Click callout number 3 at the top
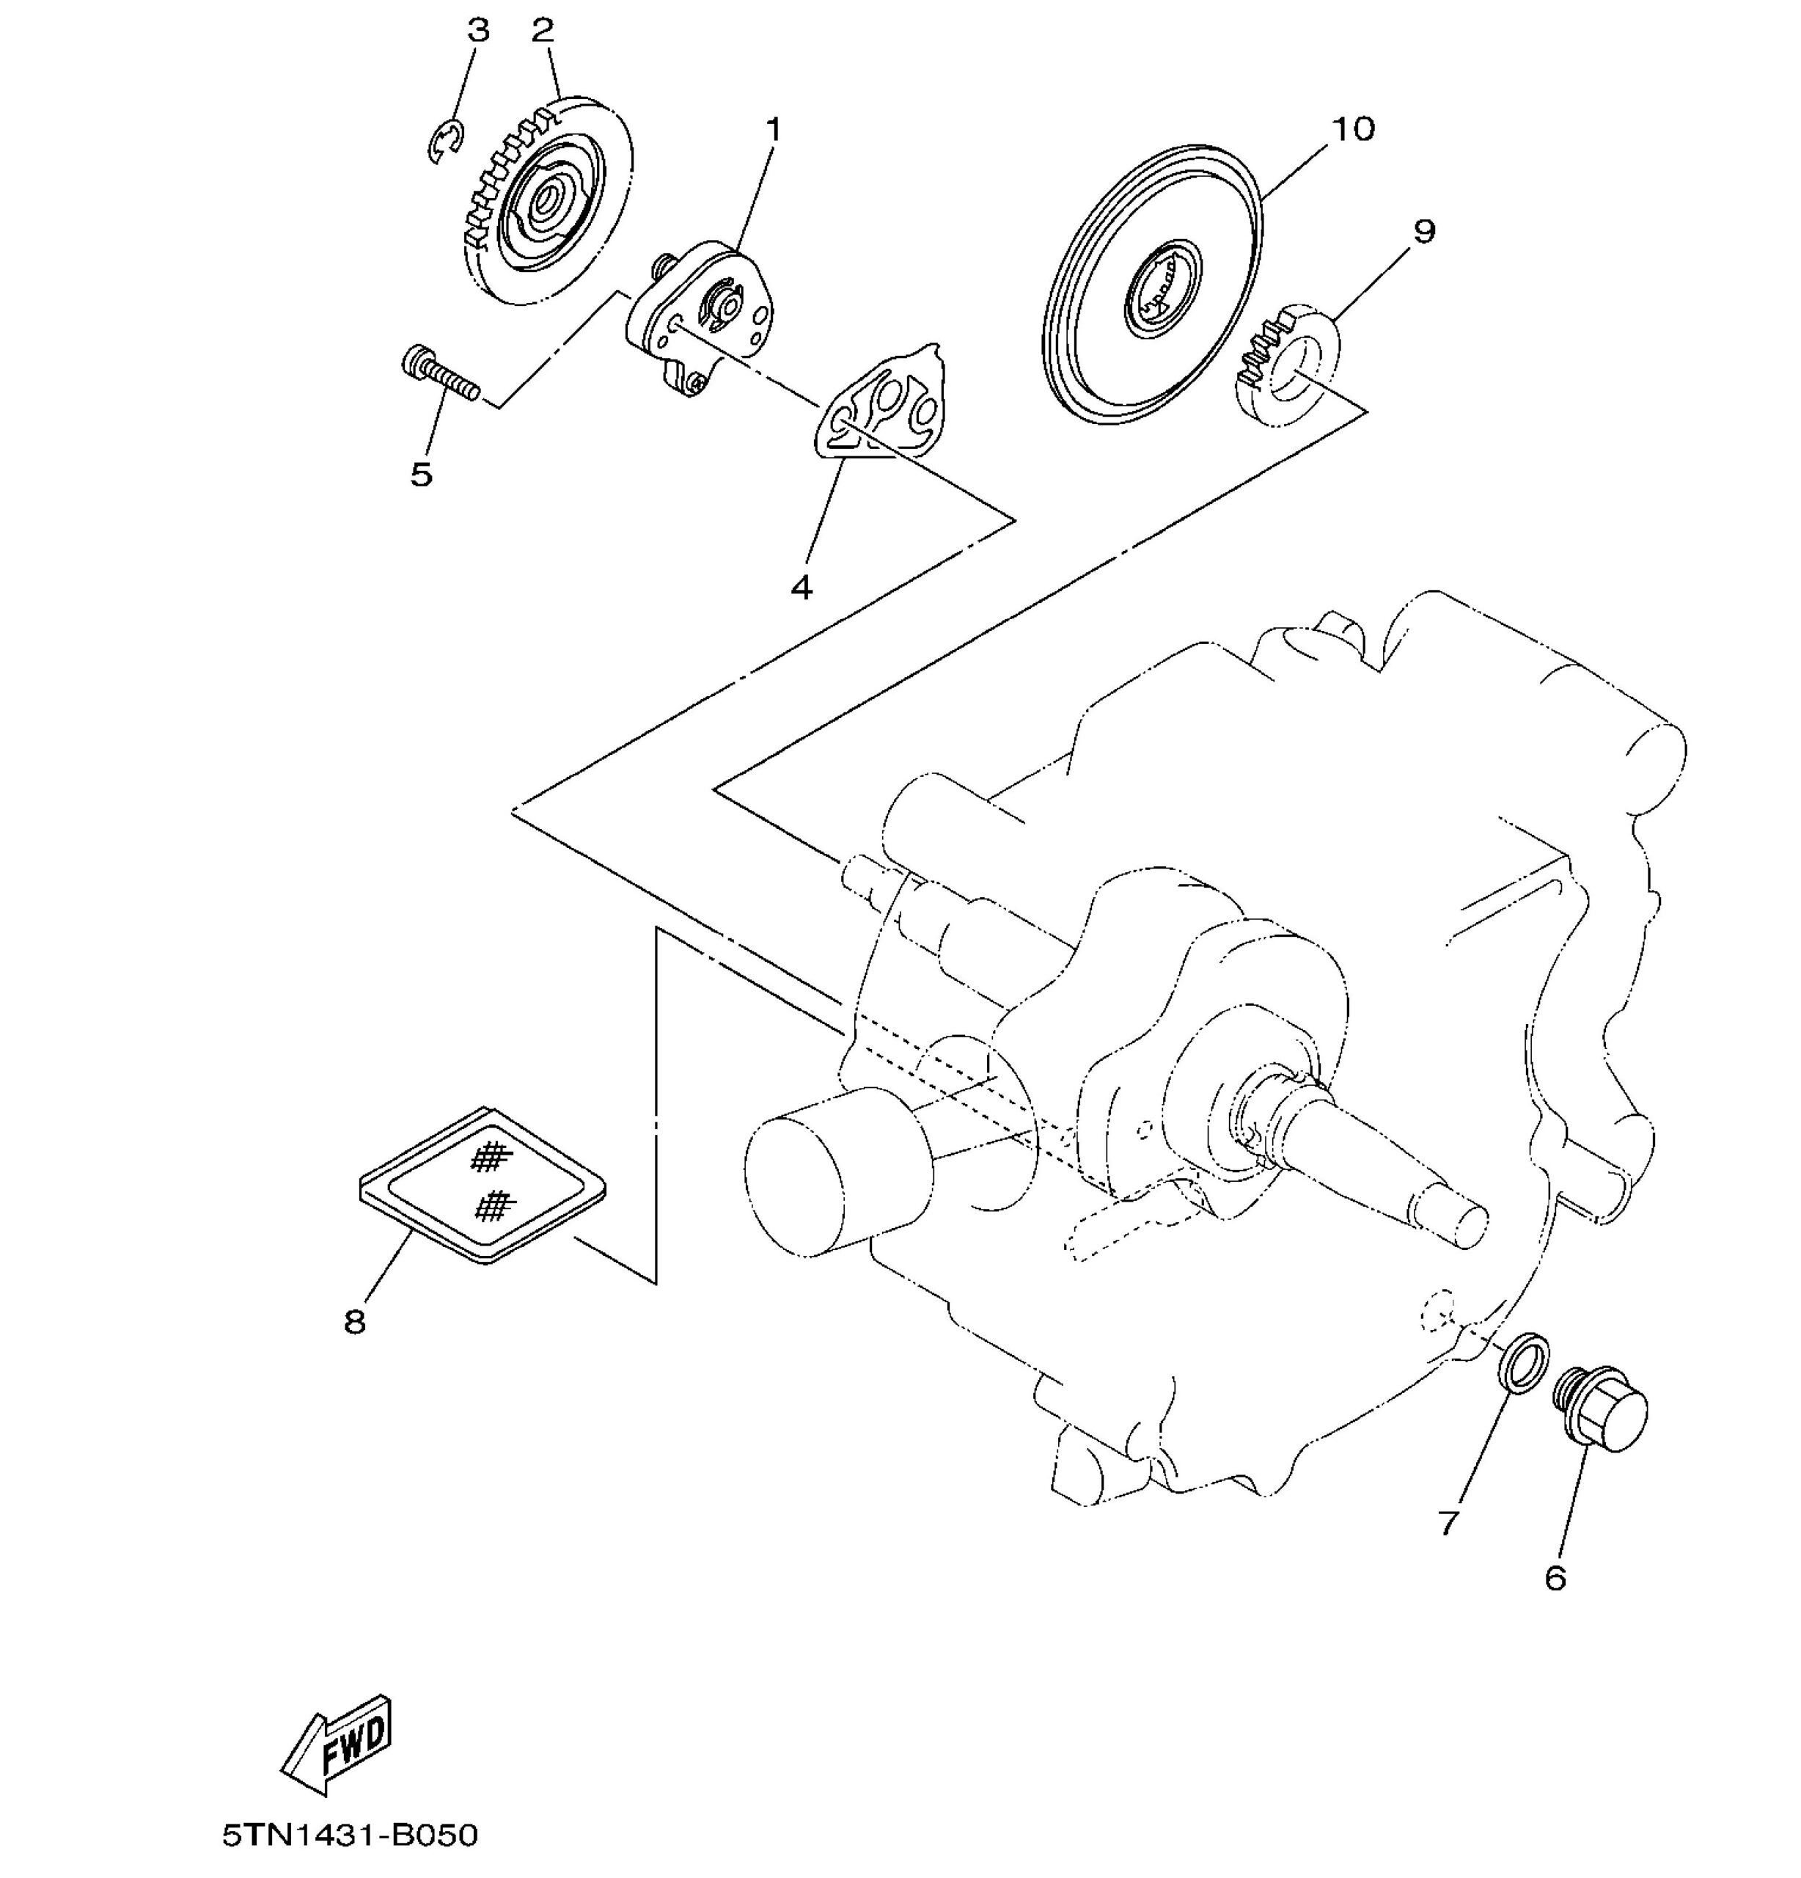[477, 31]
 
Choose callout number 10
[1353, 128]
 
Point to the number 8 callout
[354, 1322]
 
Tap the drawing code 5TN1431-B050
[350, 1836]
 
